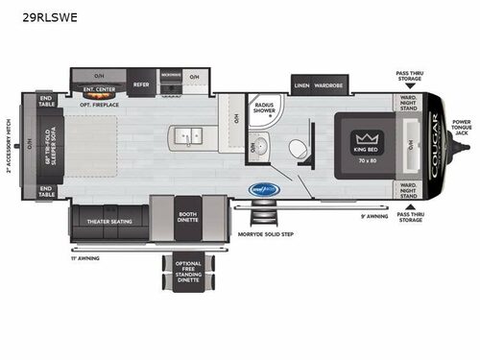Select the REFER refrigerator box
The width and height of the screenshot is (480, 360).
[x=141, y=84]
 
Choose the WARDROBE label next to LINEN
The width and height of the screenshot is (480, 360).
[x=328, y=84]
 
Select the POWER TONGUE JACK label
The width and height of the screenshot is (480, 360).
[x=463, y=128]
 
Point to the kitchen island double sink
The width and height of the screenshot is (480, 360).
[x=188, y=134]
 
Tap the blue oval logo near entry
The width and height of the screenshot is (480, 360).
[x=264, y=190]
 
